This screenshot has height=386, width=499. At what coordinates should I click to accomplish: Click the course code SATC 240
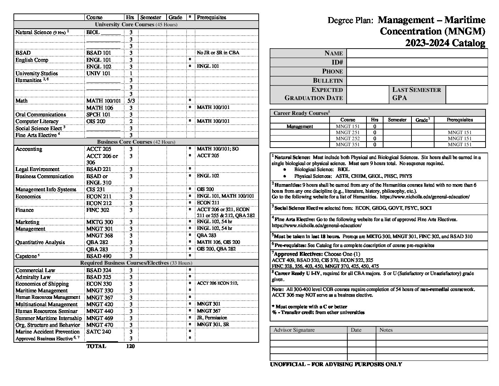click(x=99, y=332)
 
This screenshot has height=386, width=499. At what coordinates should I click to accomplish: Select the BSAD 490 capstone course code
click(x=99, y=256)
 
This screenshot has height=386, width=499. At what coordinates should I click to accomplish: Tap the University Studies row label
click(x=36, y=73)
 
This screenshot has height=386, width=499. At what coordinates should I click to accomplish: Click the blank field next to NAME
click(x=417, y=53)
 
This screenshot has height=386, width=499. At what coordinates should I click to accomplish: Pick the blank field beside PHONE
click(x=417, y=71)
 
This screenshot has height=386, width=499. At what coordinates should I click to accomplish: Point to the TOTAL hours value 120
click(x=130, y=346)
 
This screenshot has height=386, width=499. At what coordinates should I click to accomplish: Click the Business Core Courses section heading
click(x=136, y=142)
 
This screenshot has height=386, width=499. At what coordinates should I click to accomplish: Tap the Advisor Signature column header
click(x=294, y=330)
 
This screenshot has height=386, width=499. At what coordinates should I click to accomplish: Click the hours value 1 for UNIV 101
click(x=131, y=73)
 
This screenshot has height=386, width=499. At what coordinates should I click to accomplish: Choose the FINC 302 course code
click(x=98, y=210)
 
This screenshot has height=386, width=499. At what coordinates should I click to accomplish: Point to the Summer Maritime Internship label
click(x=49, y=318)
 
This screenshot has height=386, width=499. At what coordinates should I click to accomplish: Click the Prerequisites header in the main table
click(x=211, y=17)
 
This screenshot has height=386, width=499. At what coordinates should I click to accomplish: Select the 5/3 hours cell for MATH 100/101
click(x=130, y=101)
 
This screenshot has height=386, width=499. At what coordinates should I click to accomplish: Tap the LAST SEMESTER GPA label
click(x=416, y=94)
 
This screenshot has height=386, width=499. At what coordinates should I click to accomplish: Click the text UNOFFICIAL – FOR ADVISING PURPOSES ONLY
click(x=336, y=364)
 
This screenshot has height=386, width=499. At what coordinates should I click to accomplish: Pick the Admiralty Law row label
click(x=33, y=277)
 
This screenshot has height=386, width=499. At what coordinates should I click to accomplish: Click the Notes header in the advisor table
click(x=386, y=330)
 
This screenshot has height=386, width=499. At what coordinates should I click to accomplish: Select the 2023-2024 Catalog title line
click(x=445, y=43)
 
